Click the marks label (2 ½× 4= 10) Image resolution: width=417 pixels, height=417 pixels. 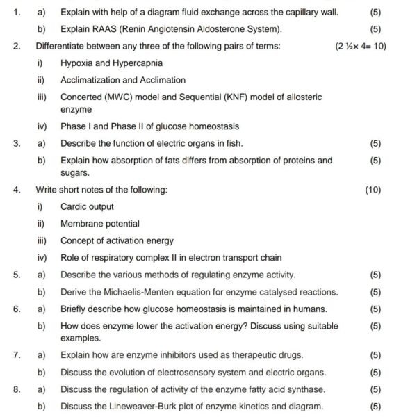click(360, 47)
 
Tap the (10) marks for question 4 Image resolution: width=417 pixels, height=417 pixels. click(373, 189)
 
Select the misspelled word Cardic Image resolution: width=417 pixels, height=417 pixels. click(74, 206)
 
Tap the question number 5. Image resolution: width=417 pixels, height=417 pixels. click(16, 275)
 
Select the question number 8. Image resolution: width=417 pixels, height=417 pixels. click(16, 389)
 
